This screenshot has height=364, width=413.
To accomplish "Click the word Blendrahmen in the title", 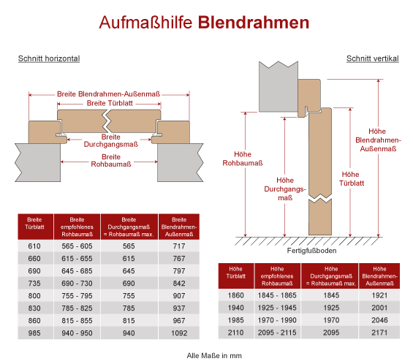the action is click(x=254, y=23).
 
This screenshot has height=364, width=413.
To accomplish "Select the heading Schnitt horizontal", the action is click(x=49, y=58).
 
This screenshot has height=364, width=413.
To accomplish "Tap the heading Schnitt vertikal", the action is click(x=373, y=58).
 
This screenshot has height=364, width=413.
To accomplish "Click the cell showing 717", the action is click(x=179, y=246).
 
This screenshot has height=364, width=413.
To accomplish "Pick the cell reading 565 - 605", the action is click(x=77, y=246).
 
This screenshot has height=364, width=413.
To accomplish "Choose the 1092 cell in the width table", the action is click(x=179, y=333).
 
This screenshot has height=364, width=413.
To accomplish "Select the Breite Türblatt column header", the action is click(x=34, y=224).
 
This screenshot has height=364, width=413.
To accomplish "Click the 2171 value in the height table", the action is click(x=379, y=333).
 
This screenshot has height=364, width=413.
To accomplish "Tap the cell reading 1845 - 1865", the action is click(x=277, y=295).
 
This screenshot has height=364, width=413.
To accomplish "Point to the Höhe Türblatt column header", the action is click(x=235, y=273).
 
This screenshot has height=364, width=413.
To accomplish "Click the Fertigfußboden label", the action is click(x=311, y=251).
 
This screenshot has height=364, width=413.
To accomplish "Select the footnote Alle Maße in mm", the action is click(x=214, y=356).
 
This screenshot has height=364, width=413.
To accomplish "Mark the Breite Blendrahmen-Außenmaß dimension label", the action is click(x=108, y=94).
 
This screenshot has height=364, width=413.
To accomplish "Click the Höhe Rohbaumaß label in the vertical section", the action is click(x=243, y=159).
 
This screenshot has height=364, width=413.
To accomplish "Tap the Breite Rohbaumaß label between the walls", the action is click(x=111, y=160).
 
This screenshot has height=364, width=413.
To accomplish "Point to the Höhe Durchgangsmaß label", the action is click(x=285, y=189).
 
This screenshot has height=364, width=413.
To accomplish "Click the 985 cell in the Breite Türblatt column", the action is click(x=34, y=333).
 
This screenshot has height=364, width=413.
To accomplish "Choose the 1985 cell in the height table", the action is click(x=235, y=320).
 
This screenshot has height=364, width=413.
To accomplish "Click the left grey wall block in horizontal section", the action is click(x=38, y=162).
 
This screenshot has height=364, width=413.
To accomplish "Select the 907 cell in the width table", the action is click(x=179, y=296).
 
